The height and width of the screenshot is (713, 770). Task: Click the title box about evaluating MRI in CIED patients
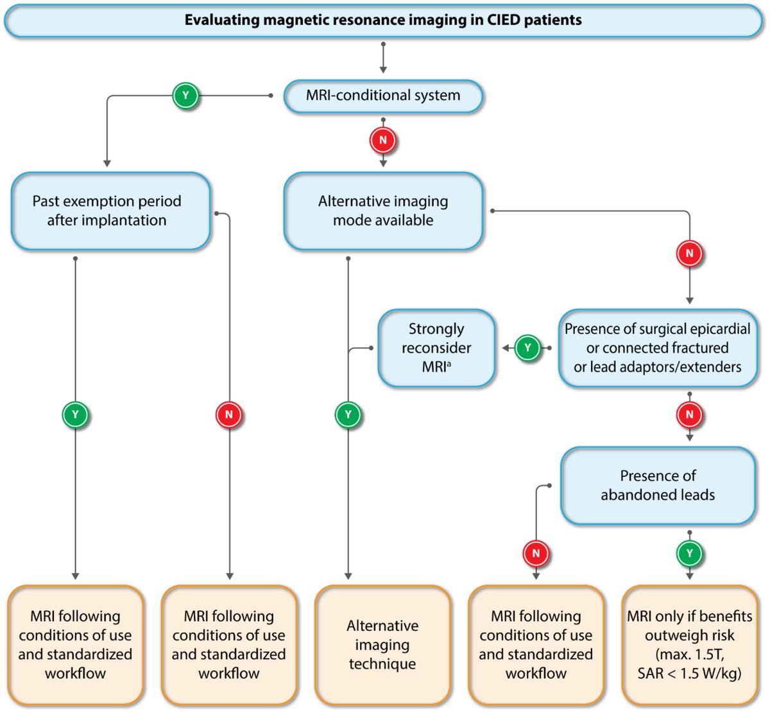click(x=383, y=20)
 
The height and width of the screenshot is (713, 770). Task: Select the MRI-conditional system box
click(x=383, y=96)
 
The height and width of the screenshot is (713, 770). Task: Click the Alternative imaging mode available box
click(x=383, y=210)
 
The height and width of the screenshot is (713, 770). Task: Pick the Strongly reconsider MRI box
click(x=436, y=348)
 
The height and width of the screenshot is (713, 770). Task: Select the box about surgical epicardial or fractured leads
click(x=657, y=348)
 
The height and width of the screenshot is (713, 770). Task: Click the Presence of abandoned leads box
click(x=658, y=485)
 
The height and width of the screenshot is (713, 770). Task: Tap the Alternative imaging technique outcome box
click(x=382, y=644)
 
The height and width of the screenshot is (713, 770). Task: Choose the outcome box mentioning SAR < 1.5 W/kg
click(x=690, y=644)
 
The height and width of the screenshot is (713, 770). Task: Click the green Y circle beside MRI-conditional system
click(x=185, y=96)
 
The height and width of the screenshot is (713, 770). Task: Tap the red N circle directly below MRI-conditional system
click(x=383, y=140)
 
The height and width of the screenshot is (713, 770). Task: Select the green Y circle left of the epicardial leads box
click(x=527, y=348)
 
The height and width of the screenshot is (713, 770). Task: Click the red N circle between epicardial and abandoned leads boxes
click(x=690, y=415)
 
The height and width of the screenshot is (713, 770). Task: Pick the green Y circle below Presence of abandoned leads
click(x=690, y=553)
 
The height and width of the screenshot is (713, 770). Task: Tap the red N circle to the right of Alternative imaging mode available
click(x=690, y=253)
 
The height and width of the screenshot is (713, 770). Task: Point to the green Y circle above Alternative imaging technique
click(x=348, y=415)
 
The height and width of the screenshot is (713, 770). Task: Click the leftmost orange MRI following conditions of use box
click(x=76, y=644)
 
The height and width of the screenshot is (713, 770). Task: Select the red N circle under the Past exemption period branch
click(x=229, y=415)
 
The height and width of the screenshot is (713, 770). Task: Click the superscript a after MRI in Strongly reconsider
click(x=449, y=364)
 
